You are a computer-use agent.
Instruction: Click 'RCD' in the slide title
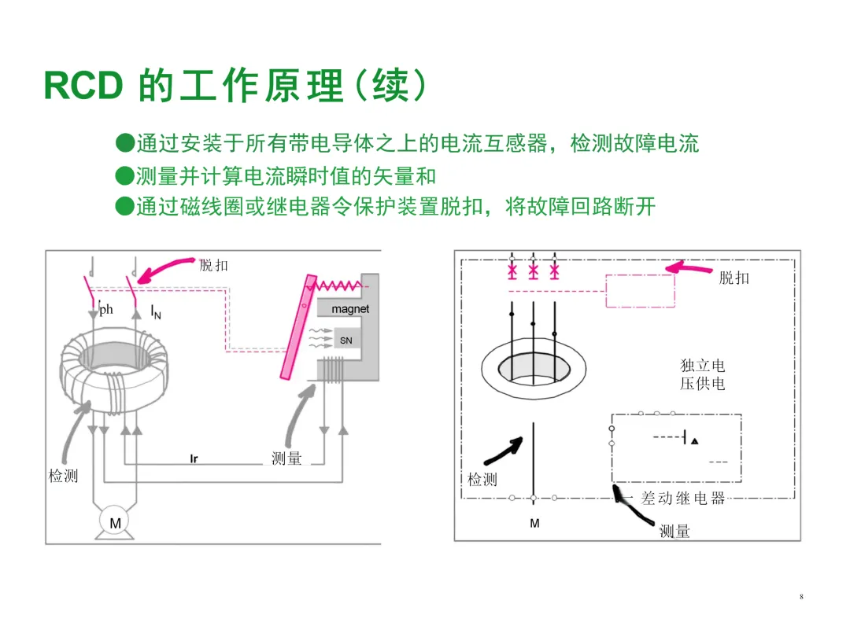click(83, 86)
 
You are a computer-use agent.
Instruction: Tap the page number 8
click(801, 597)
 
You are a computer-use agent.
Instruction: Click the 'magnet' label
click(349, 309)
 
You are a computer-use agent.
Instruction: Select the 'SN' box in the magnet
click(346, 341)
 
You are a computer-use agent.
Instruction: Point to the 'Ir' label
click(194, 458)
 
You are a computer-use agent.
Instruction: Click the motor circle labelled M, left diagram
click(115, 522)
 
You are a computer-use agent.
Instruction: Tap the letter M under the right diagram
click(534, 522)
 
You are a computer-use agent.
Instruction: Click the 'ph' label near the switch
click(105, 309)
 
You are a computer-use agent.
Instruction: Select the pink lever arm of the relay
click(297, 329)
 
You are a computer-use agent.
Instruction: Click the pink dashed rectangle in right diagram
click(639, 291)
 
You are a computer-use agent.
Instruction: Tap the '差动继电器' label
click(682, 498)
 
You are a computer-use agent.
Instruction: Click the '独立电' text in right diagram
click(702, 366)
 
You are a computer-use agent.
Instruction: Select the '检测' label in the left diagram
click(63, 476)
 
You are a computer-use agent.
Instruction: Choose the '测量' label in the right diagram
click(674, 532)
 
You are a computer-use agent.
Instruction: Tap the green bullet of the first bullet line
click(123, 143)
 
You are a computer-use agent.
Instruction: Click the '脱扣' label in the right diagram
click(734, 278)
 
